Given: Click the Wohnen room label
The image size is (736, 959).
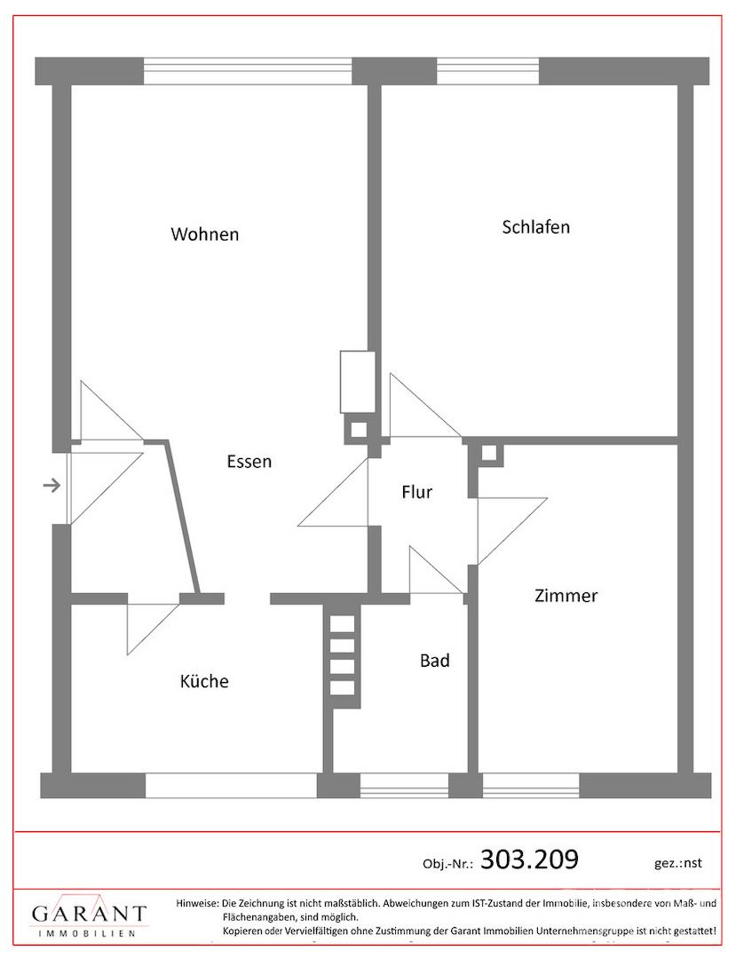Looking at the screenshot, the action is click(205, 234).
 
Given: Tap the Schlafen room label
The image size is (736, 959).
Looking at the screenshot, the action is click(536, 227).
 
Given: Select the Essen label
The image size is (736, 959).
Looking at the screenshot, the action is click(249, 461).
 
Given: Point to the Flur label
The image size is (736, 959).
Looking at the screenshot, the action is click(417, 492).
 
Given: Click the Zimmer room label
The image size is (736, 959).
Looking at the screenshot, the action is click(566, 596).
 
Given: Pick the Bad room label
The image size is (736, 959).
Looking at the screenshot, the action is click(435, 661).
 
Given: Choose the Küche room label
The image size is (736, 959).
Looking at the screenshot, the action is click(204, 681).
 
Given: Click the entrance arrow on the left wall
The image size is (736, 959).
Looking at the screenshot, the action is click(52, 487).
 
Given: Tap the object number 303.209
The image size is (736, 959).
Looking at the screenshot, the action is click(529, 860).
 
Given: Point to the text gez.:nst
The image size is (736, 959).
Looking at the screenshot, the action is click(678, 863).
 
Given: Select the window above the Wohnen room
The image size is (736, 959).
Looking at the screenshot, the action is click(248, 71).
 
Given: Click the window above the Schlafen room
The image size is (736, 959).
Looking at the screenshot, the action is click(488, 71).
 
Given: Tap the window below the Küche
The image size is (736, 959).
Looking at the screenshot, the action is click(231, 785).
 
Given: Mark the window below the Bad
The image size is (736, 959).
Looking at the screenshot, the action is click(404, 785).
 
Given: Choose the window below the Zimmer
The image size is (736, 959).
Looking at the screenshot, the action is click(531, 785).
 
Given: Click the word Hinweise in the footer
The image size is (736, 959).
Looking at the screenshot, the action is click(197, 903).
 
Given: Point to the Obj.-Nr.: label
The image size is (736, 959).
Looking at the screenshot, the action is click(448, 864).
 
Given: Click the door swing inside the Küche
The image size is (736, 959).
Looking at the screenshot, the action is click(153, 629).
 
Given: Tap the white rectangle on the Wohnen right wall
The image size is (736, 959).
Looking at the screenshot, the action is click(358, 382).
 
